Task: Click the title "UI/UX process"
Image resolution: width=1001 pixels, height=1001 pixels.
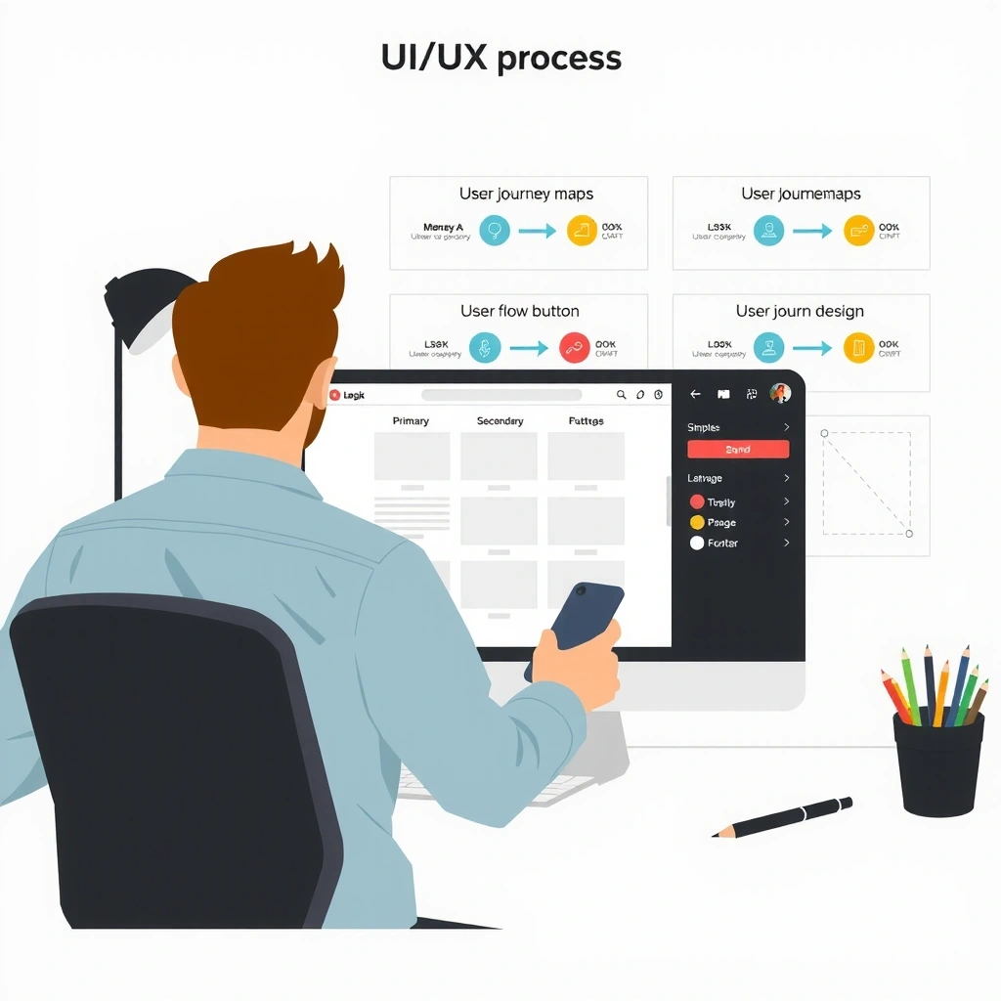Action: pos(500,59)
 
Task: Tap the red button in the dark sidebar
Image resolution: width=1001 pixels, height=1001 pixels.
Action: pos(738,450)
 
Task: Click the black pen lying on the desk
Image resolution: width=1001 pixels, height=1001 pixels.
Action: pos(783,816)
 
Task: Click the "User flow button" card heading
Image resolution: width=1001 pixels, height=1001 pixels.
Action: pos(520,311)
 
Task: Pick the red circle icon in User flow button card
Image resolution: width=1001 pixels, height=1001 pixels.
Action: pos(575,347)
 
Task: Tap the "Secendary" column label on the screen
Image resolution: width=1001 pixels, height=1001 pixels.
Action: pos(500,421)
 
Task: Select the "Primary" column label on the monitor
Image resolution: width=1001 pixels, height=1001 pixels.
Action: pos(411,421)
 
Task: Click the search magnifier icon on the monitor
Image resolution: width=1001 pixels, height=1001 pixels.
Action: pos(621,395)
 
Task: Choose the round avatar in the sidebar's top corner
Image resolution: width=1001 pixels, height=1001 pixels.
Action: pos(780,393)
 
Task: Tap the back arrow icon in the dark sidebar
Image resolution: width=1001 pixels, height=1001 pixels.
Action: pos(696,394)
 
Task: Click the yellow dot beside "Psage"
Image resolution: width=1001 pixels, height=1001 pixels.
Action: pos(697,523)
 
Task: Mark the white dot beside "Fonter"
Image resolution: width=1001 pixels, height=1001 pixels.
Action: pos(697,544)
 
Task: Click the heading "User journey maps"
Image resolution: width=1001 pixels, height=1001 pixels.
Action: pos(526,194)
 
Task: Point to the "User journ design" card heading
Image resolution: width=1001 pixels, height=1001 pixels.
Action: pos(800,311)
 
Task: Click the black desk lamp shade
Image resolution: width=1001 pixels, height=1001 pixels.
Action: pos(147,303)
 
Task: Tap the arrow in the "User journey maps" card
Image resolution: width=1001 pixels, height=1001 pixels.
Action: pos(536,232)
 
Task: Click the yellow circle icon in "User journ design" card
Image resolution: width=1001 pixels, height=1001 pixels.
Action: pos(858,347)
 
